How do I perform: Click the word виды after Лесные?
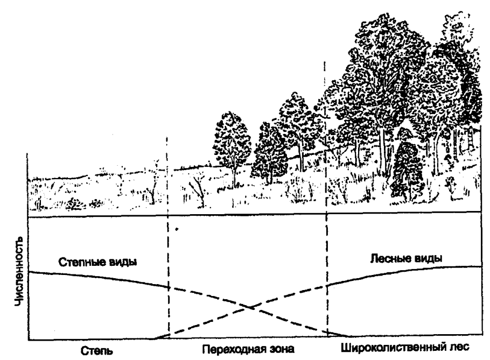pos(428,258)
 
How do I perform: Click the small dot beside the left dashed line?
pos(177,229)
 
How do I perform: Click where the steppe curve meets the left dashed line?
pos(169,287)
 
